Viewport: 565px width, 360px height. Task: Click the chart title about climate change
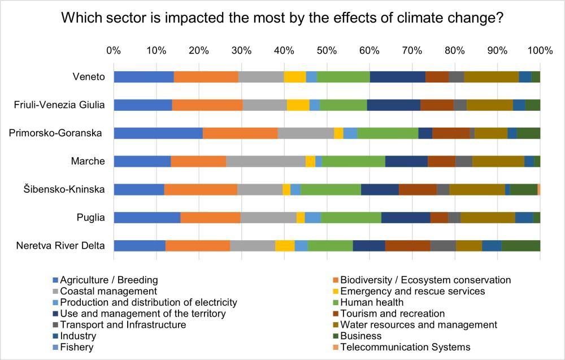tap(282, 18)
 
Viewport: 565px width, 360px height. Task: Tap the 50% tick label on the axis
tap(327, 50)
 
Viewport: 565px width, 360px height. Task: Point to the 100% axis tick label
tap(539, 50)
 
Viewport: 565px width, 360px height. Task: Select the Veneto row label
tap(89, 77)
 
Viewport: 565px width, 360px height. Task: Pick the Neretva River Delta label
tap(60, 245)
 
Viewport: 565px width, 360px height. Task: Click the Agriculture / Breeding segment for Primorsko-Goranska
tap(158, 133)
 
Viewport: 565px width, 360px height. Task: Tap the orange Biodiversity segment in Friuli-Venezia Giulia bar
tap(207, 105)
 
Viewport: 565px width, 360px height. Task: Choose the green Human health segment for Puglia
tap(351, 218)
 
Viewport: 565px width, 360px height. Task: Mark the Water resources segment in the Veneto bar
tap(491, 77)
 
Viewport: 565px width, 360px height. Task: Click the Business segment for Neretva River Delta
tap(520, 245)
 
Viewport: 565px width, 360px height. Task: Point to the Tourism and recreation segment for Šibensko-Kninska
tap(418, 189)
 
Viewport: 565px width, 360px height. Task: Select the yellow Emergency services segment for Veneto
tap(294, 77)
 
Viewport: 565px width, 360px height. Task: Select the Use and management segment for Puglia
tap(406, 218)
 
